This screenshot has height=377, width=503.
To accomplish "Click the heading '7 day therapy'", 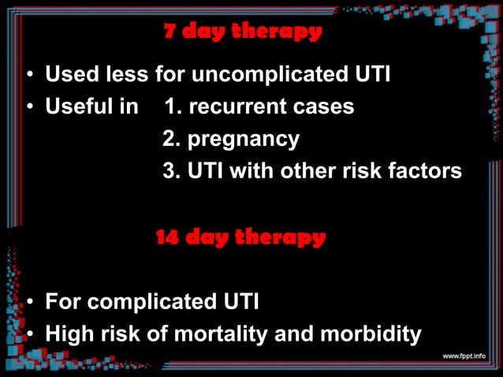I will pyautogui.click(x=243, y=32).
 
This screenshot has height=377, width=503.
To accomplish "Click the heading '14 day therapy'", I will pyautogui.click(x=240, y=237).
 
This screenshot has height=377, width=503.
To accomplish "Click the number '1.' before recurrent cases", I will pyautogui.click(x=171, y=106).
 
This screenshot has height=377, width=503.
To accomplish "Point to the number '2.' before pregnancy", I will pyautogui.click(x=171, y=140).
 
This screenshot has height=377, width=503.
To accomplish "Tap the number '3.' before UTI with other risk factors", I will pyautogui.click(x=171, y=171).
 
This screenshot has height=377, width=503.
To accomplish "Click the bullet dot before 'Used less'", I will pyautogui.click(x=29, y=77).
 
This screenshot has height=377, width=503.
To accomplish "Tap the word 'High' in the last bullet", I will pyautogui.click(x=70, y=334).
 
